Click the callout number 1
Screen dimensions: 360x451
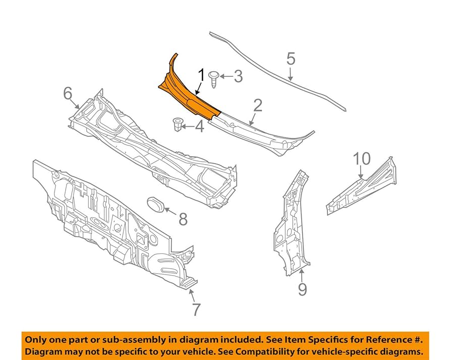[x=201, y=77]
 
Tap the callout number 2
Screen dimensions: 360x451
[x=258, y=106]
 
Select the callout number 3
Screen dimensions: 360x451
[x=238, y=77]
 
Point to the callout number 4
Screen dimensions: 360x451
[x=200, y=126]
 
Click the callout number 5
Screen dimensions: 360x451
[x=291, y=59]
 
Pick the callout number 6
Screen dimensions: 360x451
[x=68, y=93]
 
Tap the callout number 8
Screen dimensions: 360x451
[x=183, y=219]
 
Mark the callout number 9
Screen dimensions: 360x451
[x=302, y=289]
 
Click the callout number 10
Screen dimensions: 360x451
[x=361, y=159]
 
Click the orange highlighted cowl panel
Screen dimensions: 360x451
[x=187, y=91]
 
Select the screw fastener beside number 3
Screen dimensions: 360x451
[x=214, y=79]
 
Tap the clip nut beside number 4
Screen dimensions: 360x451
[x=178, y=124]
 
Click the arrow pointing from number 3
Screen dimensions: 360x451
[x=225, y=77]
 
